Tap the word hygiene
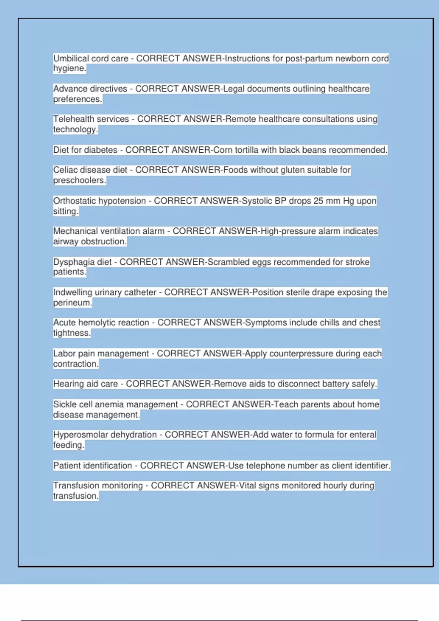(x=70, y=68)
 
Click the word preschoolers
(x=79, y=180)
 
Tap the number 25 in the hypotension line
(x=318, y=201)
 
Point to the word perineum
(x=72, y=303)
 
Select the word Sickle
(x=64, y=404)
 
